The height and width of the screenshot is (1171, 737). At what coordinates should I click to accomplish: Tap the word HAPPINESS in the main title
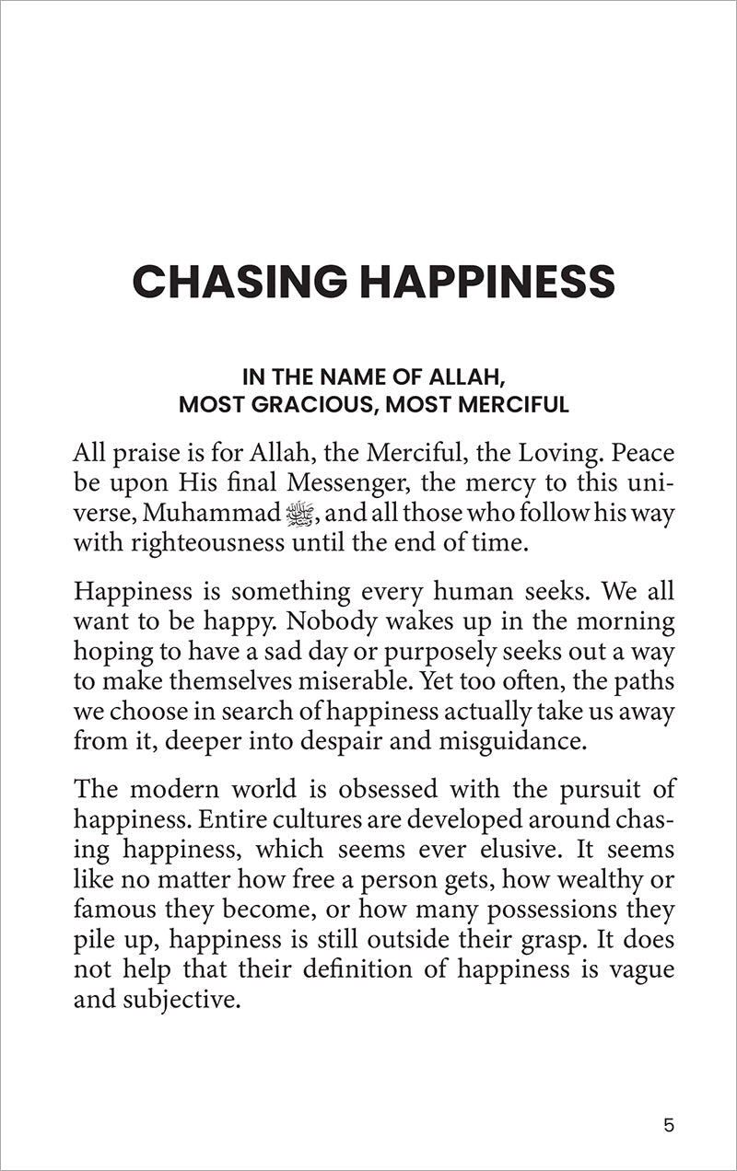[x=491, y=281]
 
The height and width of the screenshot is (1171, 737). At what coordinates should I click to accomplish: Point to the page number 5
[x=668, y=1125]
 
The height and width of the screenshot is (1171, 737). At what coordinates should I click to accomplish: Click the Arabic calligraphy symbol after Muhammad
[x=299, y=514]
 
